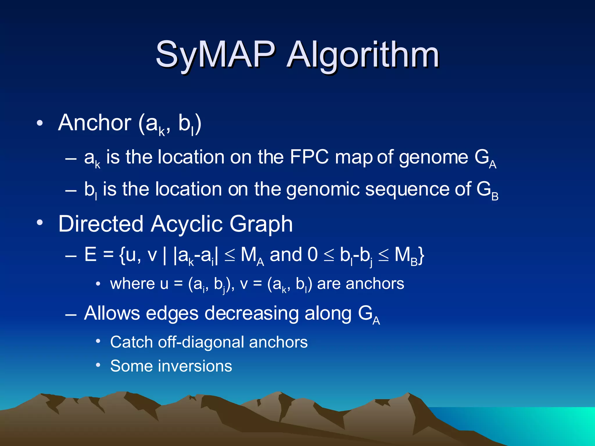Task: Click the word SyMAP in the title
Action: [215, 55]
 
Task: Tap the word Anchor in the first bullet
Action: [95, 123]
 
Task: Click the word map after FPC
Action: [354, 158]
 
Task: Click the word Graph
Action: [261, 224]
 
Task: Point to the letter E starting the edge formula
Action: [90, 255]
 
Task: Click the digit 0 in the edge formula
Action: [312, 255]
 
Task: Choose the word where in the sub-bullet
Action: [132, 284]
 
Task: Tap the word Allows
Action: [112, 313]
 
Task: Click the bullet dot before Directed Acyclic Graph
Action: [40, 223]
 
